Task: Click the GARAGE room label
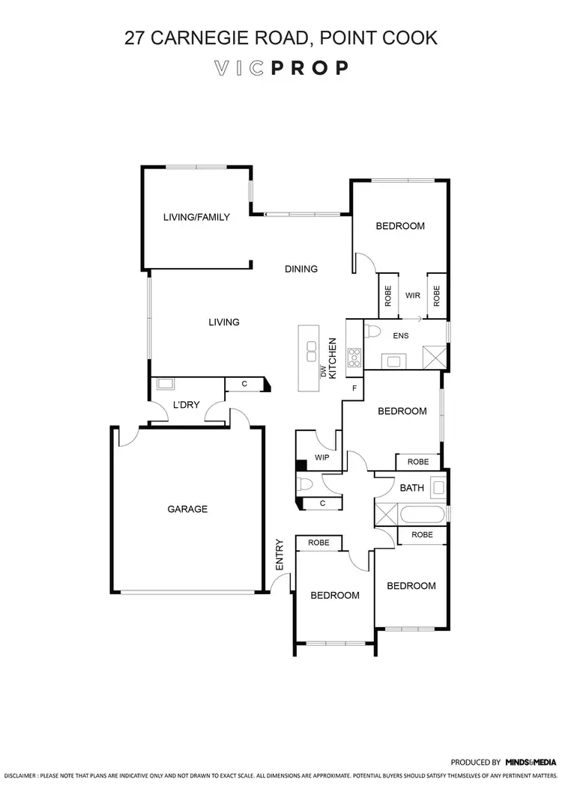pos(187,509)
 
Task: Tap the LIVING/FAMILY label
pos(196,218)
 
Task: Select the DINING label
pos(301,269)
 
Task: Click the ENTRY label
pos(280,555)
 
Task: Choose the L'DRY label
pos(185,405)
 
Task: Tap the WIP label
pos(322,457)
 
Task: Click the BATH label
pos(411,488)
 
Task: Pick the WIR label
pos(412,296)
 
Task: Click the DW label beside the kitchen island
pos(324,370)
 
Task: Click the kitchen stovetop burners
pos(354,358)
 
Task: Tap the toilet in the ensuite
pos(375,331)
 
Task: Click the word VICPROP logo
pos(281,68)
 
